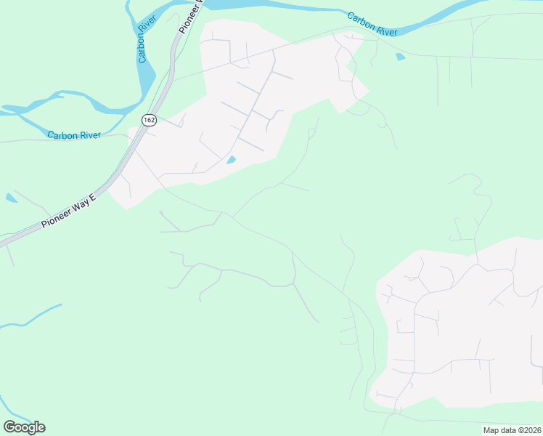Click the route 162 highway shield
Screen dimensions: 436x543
(x=149, y=120)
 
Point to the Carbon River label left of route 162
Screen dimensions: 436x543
(x=73, y=134)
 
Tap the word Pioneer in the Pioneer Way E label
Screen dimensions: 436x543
(x=57, y=217)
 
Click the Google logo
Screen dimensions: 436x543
(x=24, y=427)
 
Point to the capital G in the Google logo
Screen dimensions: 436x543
(x=9, y=427)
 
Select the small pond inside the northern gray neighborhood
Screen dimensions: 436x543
(x=232, y=160)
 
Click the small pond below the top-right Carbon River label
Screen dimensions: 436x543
(x=399, y=56)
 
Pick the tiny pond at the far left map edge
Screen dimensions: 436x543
(x=10, y=197)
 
